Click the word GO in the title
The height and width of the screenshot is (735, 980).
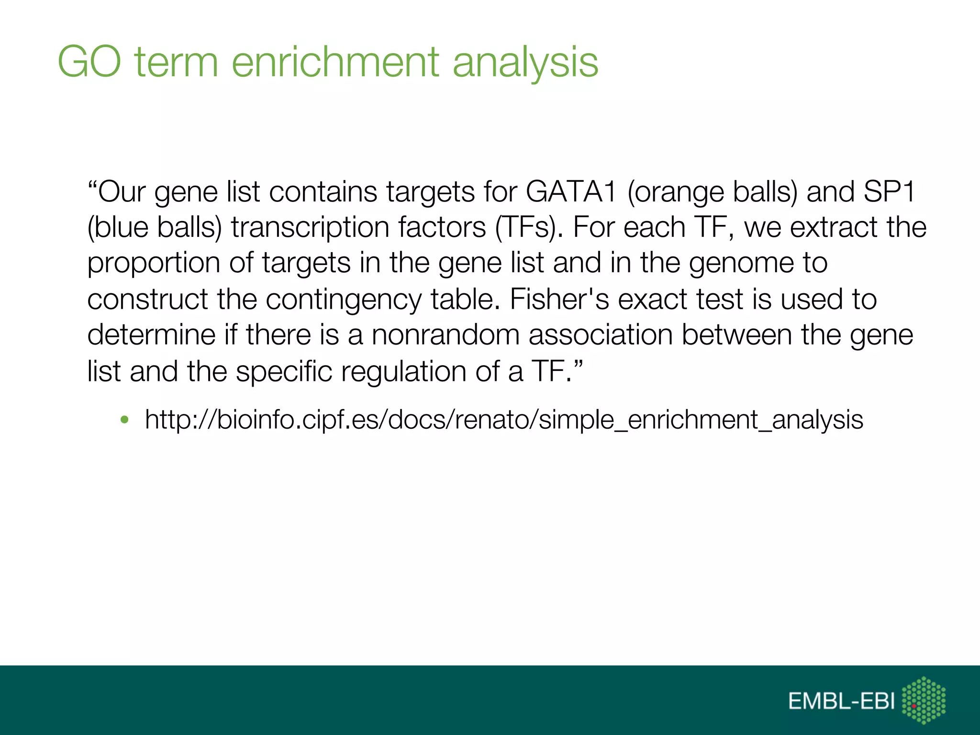click(89, 62)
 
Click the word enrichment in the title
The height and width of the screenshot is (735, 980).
click(335, 62)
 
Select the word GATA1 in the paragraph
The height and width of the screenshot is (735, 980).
click(570, 191)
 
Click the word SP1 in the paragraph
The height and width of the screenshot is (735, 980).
click(889, 191)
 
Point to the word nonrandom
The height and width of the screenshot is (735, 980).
click(445, 334)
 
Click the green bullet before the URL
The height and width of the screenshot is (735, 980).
click(125, 420)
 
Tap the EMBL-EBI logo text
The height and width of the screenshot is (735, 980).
click(841, 702)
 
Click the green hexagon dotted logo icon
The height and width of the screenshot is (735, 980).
click(924, 700)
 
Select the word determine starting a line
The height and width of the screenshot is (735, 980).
click(151, 334)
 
